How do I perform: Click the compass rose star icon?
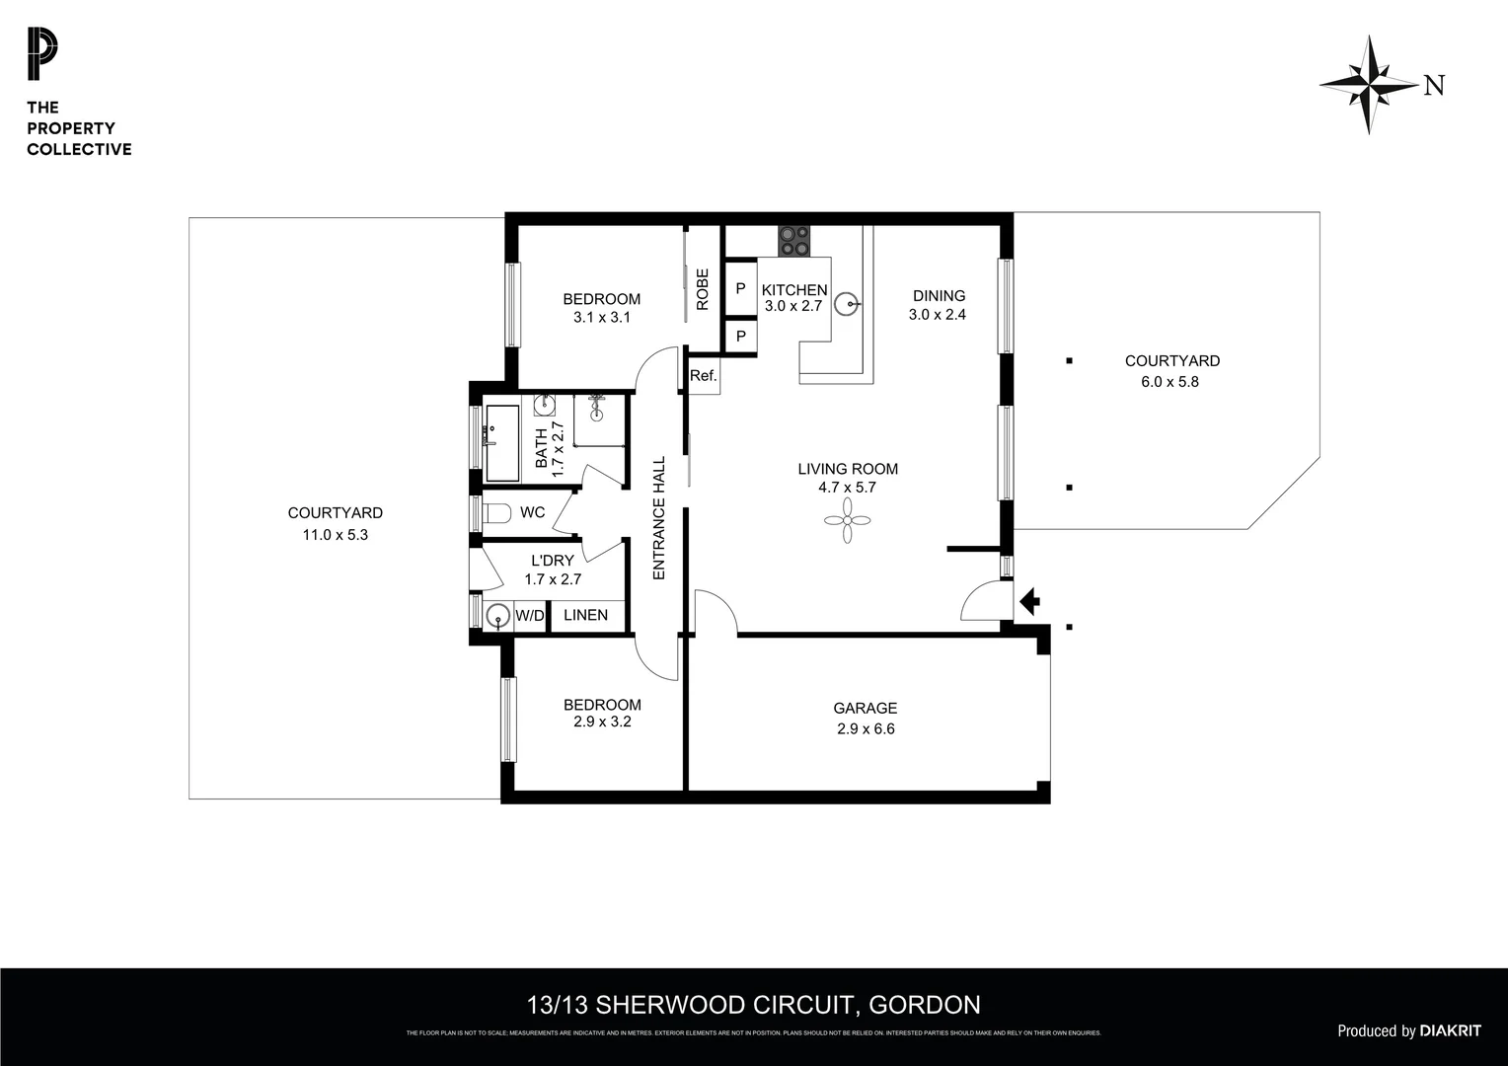click(x=1369, y=85)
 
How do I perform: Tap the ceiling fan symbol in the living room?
click(x=848, y=519)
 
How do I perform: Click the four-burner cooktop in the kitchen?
click(x=794, y=241)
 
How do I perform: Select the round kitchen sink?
click(x=846, y=304)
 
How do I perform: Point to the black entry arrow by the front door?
click(x=1029, y=601)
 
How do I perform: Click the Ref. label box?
click(x=704, y=376)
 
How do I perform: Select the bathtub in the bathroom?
click(x=502, y=442)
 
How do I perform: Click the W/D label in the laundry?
click(x=530, y=616)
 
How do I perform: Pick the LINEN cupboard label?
click(x=585, y=615)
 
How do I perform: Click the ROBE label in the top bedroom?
click(x=703, y=289)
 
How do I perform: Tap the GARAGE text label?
click(x=865, y=708)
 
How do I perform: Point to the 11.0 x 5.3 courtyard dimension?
click(x=335, y=535)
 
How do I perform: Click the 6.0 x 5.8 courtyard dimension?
click(x=1169, y=382)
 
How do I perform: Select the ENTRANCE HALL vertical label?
click(x=659, y=517)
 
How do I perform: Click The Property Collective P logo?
click(x=42, y=55)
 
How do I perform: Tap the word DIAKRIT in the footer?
click(x=1450, y=1030)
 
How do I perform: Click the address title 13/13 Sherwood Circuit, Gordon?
click(x=754, y=1005)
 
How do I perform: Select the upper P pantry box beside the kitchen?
click(x=740, y=288)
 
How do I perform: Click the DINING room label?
click(x=939, y=295)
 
